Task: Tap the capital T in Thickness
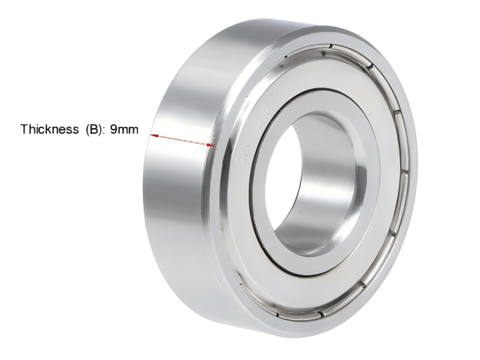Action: tap(24, 130)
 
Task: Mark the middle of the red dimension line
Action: tap(183, 141)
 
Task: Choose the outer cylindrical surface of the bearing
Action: tap(175, 196)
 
